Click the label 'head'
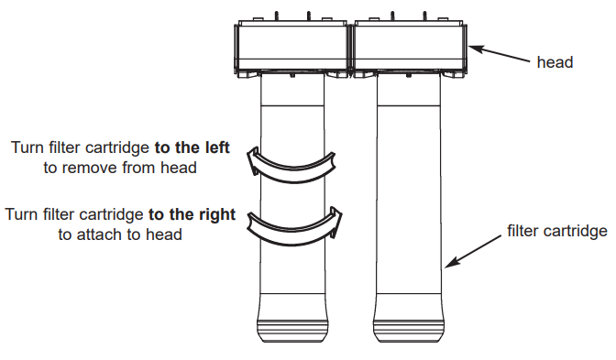[555, 62]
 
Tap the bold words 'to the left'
[192, 147]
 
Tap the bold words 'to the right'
[192, 214]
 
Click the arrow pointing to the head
[500, 53]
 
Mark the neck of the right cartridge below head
[410, 92]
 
